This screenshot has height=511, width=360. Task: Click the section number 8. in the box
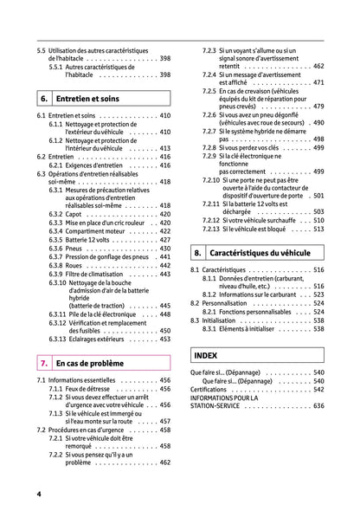coord(198,254)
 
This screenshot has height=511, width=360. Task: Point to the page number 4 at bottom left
coord(39,495)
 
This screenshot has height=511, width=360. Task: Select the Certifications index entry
coord(214,389)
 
